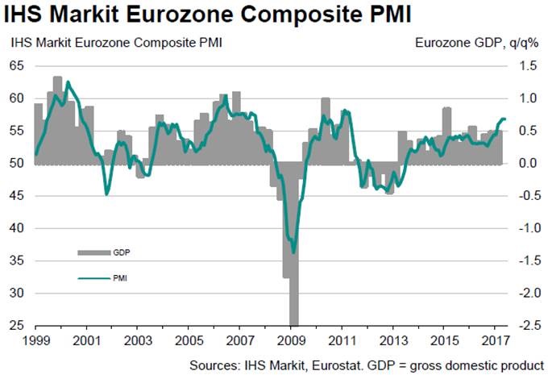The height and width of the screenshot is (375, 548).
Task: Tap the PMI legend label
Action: [x=121, y=277]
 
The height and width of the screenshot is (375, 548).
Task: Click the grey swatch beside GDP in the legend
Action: [x=93, y=252]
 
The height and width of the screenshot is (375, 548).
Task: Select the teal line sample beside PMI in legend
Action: [x=93, y=278]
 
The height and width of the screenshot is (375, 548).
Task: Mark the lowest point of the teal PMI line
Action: [x=293, y=252]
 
